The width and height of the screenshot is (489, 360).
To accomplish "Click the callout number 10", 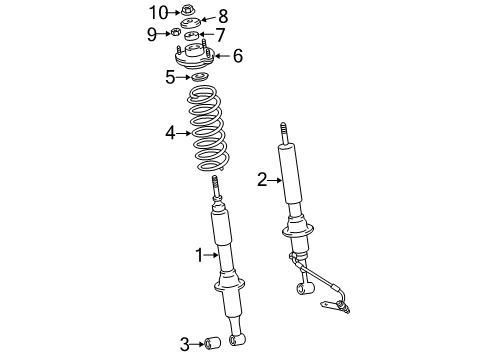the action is [158, 13].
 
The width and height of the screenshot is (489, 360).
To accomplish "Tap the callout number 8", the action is [223, 16].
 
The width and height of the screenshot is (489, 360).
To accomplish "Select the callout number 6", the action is [238, 56].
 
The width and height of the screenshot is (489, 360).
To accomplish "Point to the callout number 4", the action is [170, 133].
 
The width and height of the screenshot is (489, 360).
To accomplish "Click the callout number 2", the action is [262, 180].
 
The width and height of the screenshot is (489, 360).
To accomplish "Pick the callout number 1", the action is [199, 255].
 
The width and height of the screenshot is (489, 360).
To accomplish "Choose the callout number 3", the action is [185, 344].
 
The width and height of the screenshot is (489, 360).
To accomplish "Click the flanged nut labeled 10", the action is [187, 11].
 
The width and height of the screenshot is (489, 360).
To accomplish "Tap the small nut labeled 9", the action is [175, 32].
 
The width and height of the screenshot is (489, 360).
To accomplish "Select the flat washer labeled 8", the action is [191, 23].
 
